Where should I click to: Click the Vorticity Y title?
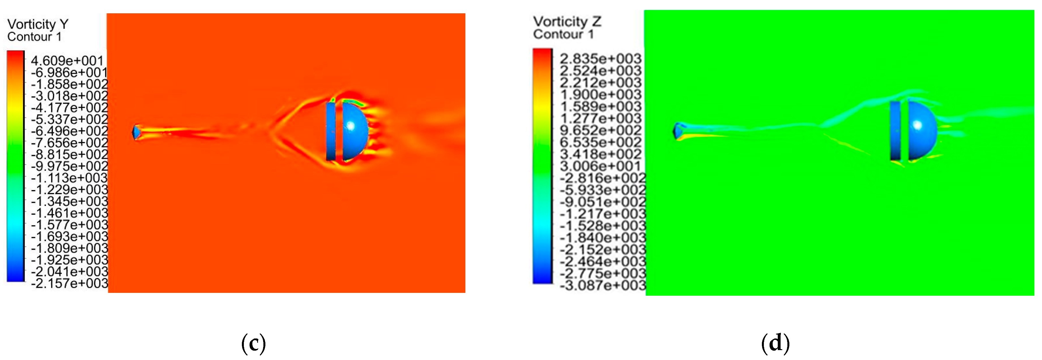38,24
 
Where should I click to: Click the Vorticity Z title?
567,22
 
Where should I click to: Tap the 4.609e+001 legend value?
67,61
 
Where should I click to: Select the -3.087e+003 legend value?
603,285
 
